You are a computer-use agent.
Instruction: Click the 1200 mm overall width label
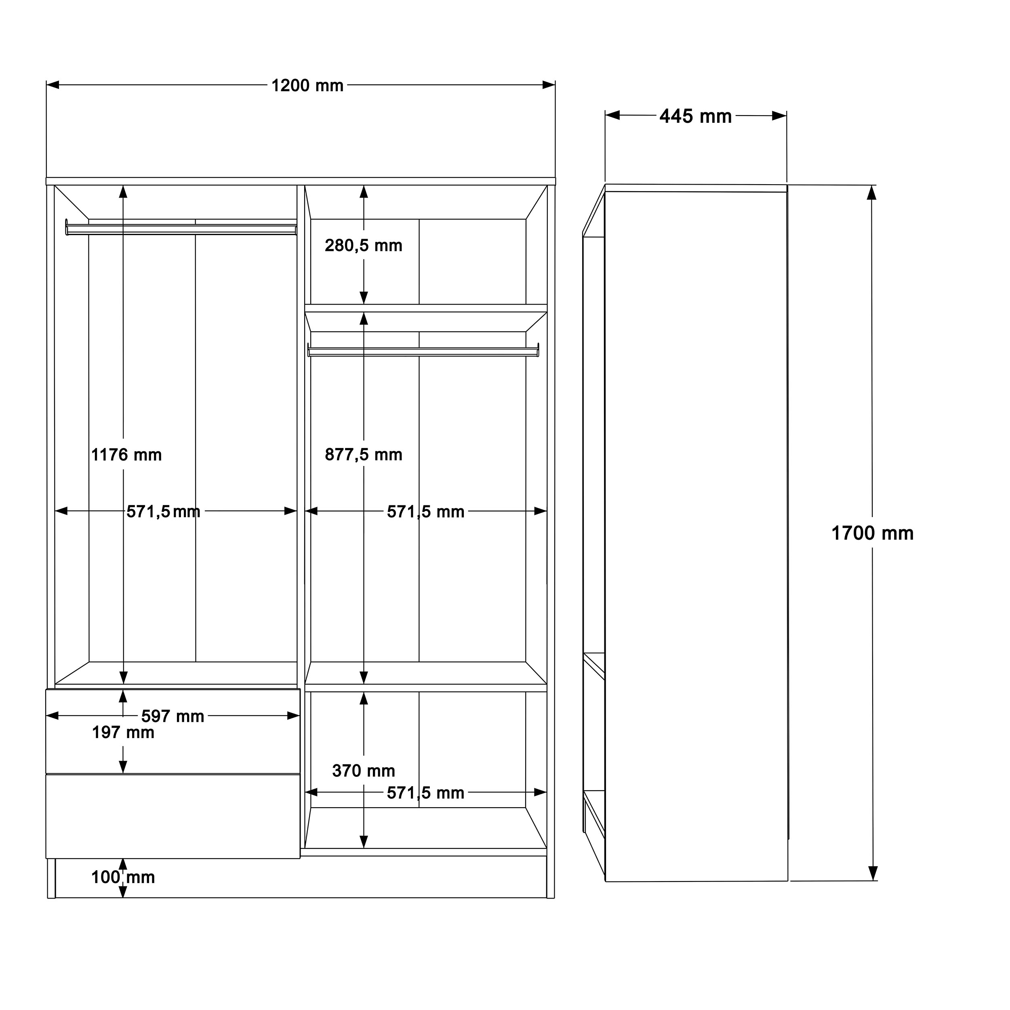click(x=307, y=86)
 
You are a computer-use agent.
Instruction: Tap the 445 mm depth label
click(x=695, y=116)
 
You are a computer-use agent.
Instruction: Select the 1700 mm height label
click(x=872, y=533)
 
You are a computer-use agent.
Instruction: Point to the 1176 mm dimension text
click(x=126, y=455)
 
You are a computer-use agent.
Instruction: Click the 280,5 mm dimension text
click(x=363, y=245)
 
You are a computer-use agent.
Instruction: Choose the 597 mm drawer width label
click(x=173, y=716)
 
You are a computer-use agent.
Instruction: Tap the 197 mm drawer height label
click(x=123, y=732)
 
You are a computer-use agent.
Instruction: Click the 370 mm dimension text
click(x=363, y=770)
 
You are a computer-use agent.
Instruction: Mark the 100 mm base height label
click(x=123, y=877)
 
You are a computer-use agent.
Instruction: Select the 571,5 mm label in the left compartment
click(x=163, y=511)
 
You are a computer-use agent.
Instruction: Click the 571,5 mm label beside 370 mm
click(x=425, y=793)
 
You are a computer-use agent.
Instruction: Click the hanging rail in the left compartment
click(x=181, y=229)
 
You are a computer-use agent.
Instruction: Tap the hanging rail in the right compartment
click(x=423, y=351)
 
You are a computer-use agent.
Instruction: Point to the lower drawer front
click(x=173, y=816)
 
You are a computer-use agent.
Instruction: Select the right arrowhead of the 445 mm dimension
click(x=779, y=116)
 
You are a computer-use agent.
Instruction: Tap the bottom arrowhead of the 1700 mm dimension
click(x=873, y=873)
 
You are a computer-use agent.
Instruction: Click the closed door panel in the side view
click(x=695, y=533)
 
